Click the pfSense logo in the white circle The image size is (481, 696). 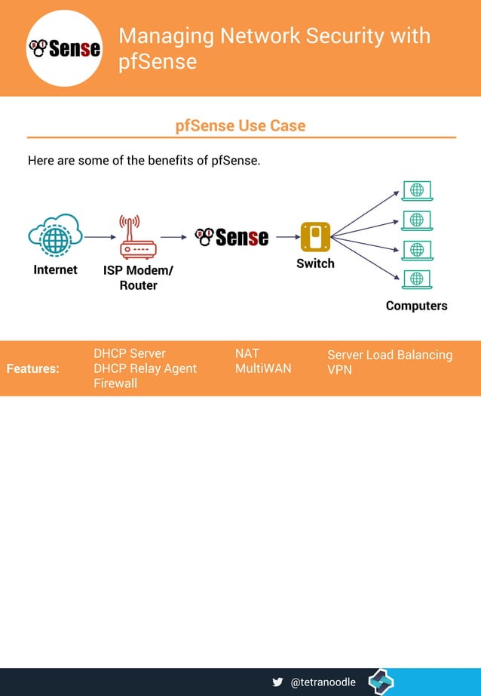pyautogui.click(x=64, y=48)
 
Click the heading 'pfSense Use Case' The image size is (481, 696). pyautogui.click(x=240, y=125)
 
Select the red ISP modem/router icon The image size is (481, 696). pyautogui.click(x=138, y=237)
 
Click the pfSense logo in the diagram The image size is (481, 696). pyautogui.click(x=231, y=237)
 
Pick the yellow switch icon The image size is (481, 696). pyautogui.click(x=315, y=237)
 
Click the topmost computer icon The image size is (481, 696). pyautogui.click(x=416, y=190)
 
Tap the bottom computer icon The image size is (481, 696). pyautogui.click(x=416, y=279)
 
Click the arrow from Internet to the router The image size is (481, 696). pyautogui.click(x=100, y=237)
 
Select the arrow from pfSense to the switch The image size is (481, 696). pyautogui.click(x=287, y=237)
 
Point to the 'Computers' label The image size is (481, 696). pyautogui.click(x=416, y=306)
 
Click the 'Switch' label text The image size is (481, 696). pyautogui.click(x=315, y=263)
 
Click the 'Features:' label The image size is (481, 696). pyautogui.click(x=32, y=368)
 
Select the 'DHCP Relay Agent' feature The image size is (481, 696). pyautogui.click(x=145, y=368)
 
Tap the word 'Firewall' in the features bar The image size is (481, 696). pyautogui.click(x=115, y=383)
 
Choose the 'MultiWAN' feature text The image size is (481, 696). pyautogui.click(x=263, y=368)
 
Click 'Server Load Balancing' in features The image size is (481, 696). pyautogui.click(x=390, y=355)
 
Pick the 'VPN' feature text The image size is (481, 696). pyautogui.click(x=339, y=370)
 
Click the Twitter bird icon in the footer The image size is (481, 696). pyautogui.click(x=277, y=682)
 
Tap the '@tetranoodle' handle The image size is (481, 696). pyautogui.click(x=323, y=682)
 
